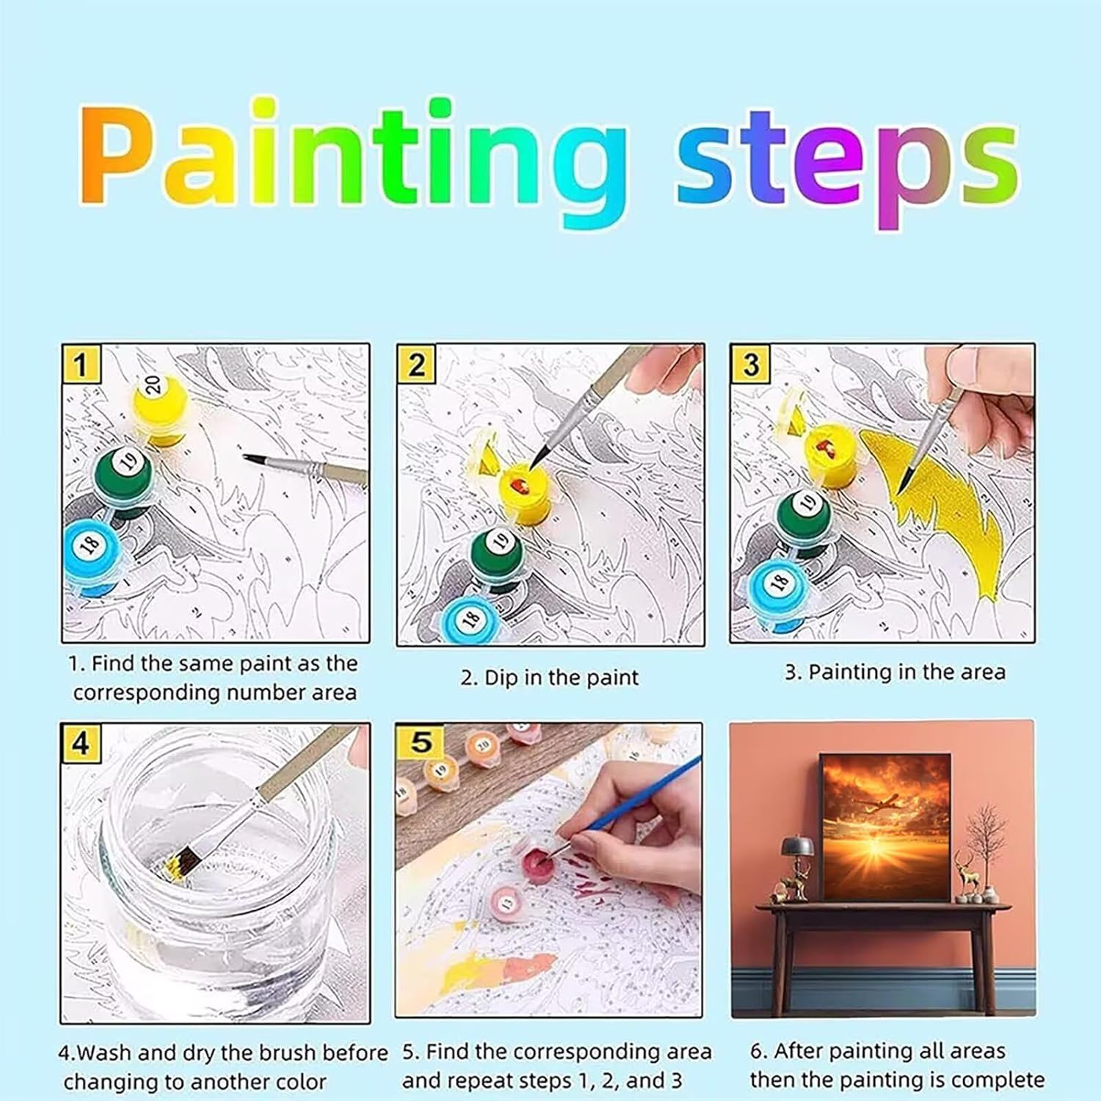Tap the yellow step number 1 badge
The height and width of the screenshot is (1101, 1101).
pos(81,363)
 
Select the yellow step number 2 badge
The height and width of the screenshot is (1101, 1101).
pos(416,364)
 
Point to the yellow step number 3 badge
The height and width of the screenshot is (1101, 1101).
pos(750,364)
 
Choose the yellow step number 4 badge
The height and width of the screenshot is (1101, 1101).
pos(80,743)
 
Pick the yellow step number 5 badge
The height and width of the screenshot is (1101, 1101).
pos(421,741)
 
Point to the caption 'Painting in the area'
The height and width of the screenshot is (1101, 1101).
pos(906,672)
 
